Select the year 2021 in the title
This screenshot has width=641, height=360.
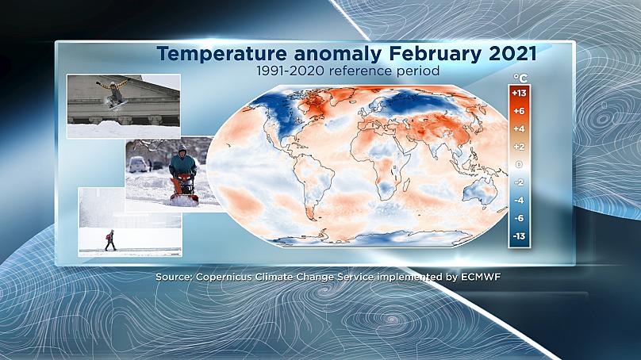[512, 54]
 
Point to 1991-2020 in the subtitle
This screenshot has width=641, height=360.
[290, 71]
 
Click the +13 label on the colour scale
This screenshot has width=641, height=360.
[519, 93]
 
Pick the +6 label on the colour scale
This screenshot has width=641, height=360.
[519, 111]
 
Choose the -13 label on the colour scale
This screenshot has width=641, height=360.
[519, 236]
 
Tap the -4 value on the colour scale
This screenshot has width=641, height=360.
[519, 201]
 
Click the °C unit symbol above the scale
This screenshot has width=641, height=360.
[520, 78]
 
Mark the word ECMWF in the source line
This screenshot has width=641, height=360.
[481, 277]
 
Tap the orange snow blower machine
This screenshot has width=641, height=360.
[184, 190]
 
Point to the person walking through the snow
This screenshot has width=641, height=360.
[110, 240]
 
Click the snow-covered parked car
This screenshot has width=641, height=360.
[137, 164]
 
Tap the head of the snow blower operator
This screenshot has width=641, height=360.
[182, 151]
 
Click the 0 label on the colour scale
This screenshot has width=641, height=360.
[519, 164]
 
